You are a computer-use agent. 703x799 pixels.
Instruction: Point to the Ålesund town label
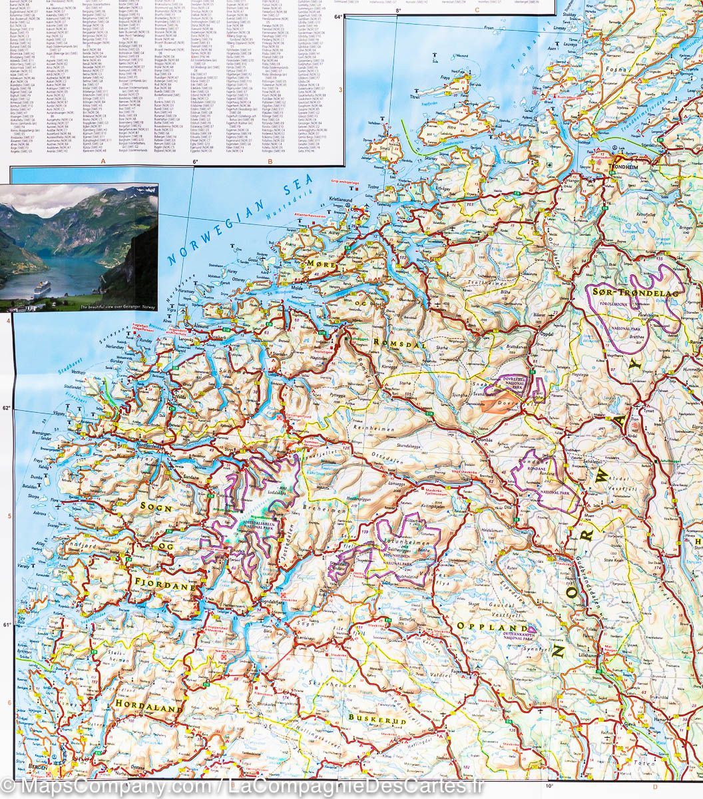tap(200, 319)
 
